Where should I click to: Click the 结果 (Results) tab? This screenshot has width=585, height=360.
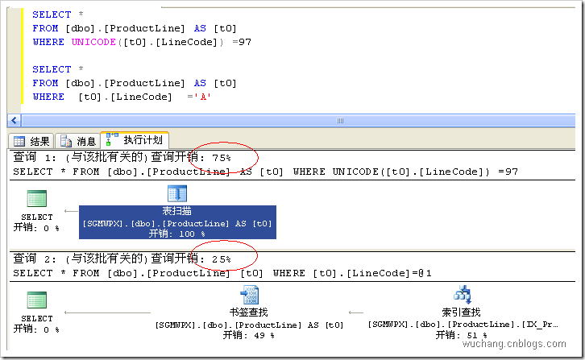(x=32, y=141)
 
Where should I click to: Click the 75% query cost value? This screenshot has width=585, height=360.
(x=221, y=158)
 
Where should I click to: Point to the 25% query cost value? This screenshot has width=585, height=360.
(x=221, y=259)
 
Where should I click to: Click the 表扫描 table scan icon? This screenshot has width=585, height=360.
(x=176, y=193)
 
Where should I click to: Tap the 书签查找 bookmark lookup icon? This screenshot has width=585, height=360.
(x=249, y=296)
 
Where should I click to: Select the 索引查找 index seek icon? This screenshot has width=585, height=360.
(x=462, y=295)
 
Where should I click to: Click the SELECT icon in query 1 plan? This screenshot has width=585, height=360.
(x=37, y=200)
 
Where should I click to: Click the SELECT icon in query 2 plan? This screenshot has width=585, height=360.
(x=37, y=302)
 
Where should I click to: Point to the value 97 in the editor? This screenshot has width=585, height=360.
(x=244, y=41)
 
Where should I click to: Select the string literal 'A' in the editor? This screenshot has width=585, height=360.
(x=205, y=97)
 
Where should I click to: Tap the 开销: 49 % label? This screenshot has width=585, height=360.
(x=248, y=335)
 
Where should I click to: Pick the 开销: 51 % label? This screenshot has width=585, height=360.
(x=461, y=335)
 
